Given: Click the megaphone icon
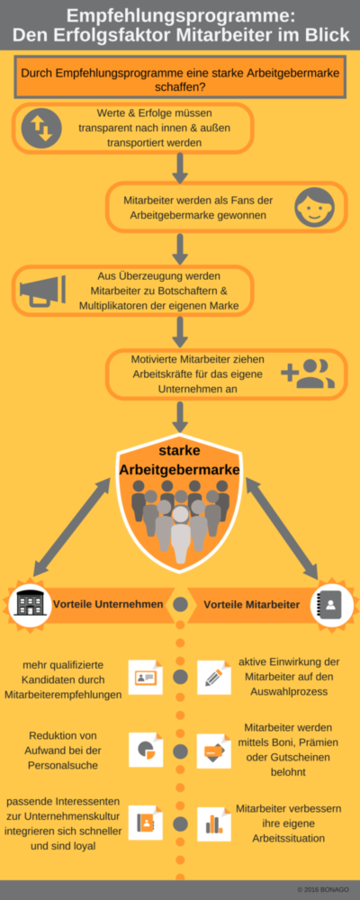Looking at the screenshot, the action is click(42, 291).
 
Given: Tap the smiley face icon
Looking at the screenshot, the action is click(314, 207).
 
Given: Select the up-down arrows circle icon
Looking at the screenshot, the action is click(40, 128).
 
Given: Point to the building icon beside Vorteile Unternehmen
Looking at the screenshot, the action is click(28, 603).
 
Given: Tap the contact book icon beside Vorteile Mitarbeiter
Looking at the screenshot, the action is click(330, 604).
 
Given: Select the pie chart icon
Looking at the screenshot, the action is click(146, 751).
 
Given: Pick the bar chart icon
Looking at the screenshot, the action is click(213, 824).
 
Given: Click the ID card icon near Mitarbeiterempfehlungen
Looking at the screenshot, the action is click(146, 678).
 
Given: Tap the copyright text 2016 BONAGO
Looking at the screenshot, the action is click(323, 889).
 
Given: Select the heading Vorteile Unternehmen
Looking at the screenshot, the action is click(108, 605).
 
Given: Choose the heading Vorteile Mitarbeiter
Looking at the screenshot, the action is click(251, 605).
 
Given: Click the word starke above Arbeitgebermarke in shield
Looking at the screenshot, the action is click(179, 451).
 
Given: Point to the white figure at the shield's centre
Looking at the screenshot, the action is click(180, 534).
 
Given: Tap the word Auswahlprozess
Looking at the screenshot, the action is click(290, 691).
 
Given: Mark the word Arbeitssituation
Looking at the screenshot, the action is click(289, 839).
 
